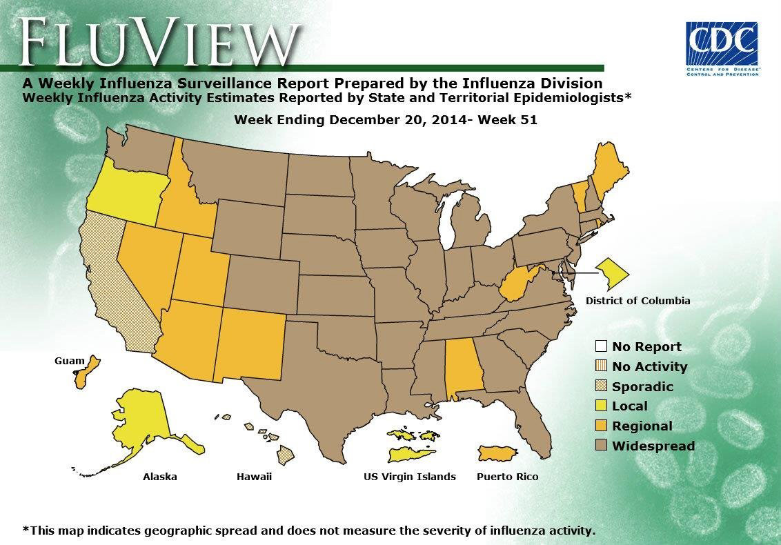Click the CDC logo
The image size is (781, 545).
(722, 48)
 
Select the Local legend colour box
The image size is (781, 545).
(601, 406)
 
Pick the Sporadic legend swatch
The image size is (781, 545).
(601, 386)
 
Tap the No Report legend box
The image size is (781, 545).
(601, 346)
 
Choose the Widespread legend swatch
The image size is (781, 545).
(601, 446)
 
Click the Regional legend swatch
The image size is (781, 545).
(601, 426)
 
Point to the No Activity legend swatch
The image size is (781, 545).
(601, 366)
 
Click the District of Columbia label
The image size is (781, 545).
(637, 301)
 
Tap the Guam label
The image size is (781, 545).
(69, 361)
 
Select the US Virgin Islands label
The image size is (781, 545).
(410, 477)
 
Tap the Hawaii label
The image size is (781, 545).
(254, 477)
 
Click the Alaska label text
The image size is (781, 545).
(159, 477)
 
